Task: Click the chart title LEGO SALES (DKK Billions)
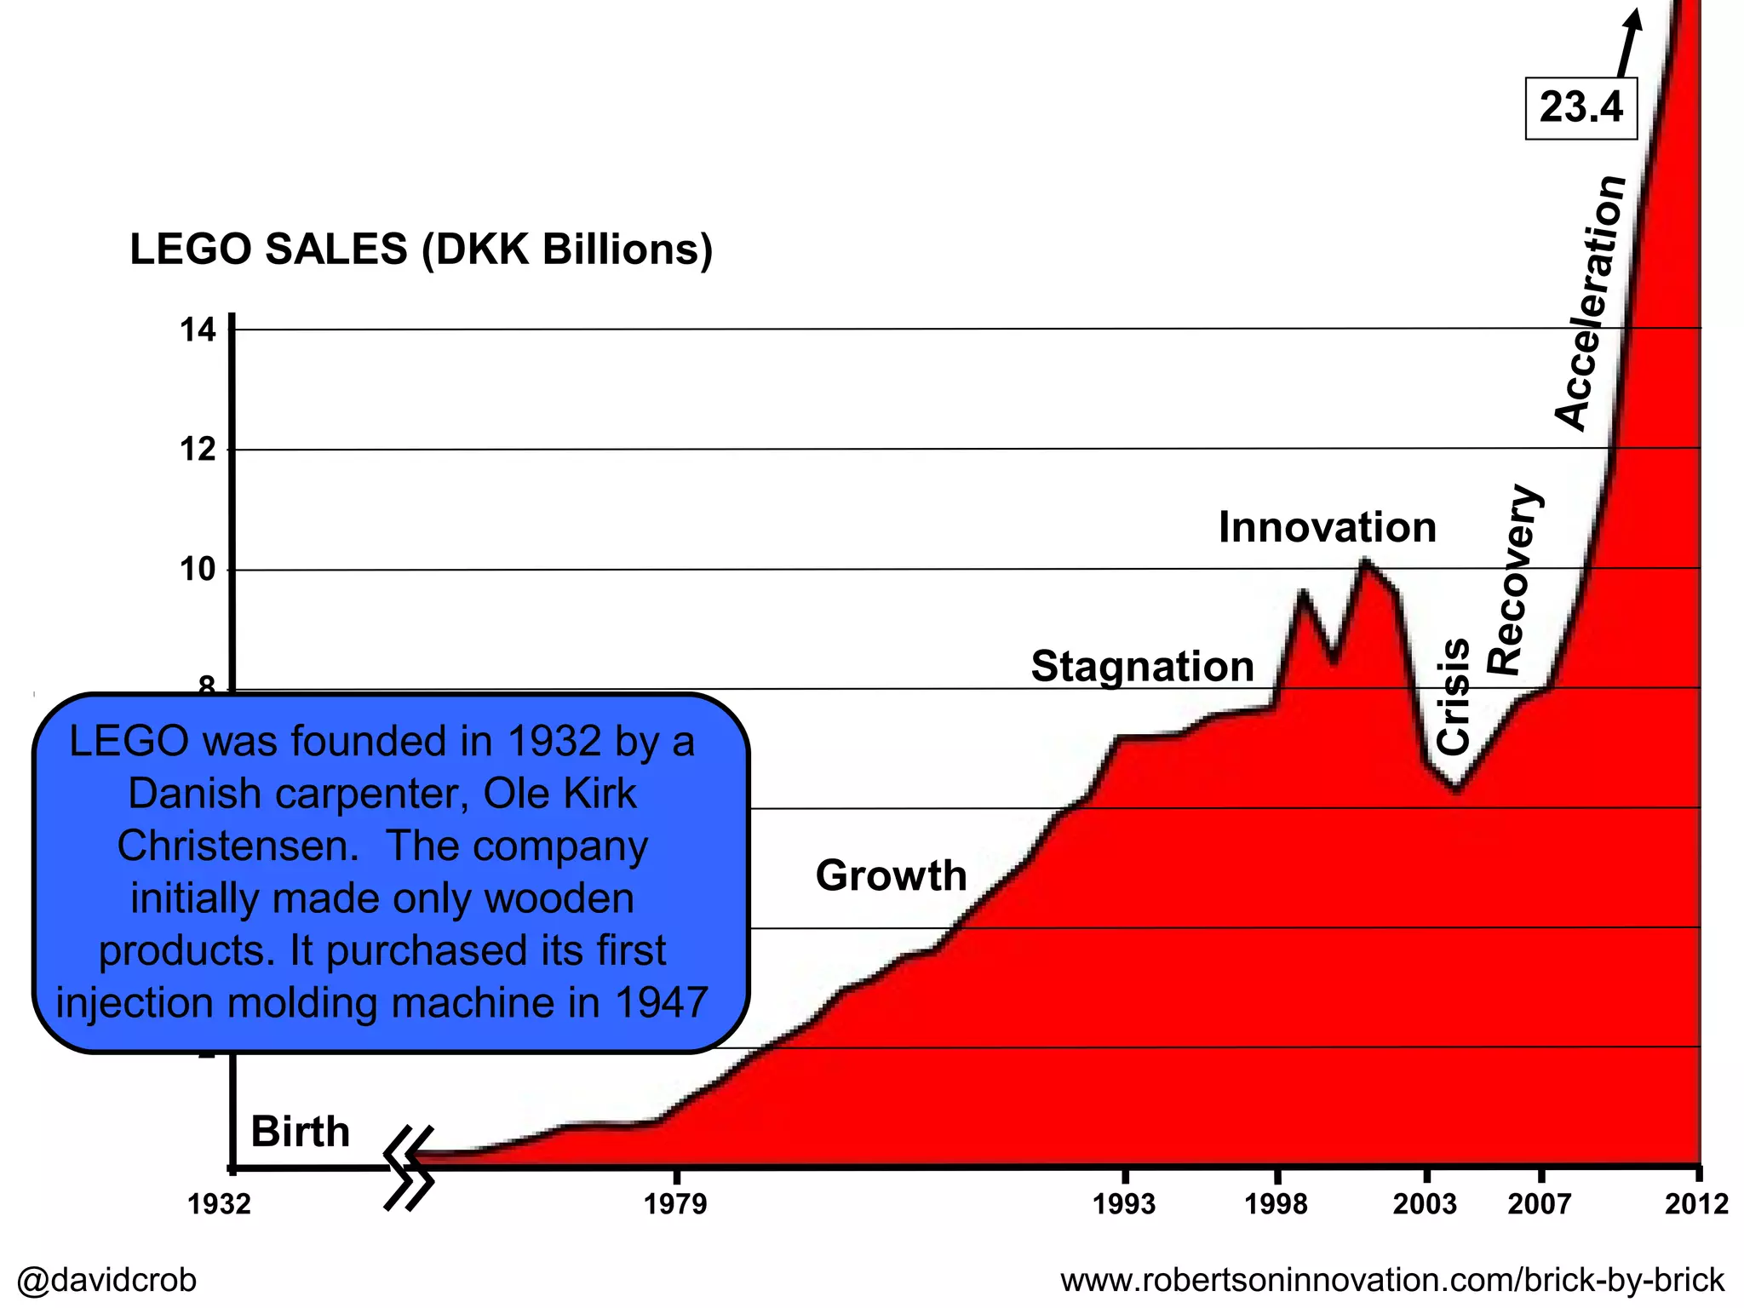click(421, 250)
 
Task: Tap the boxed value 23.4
click(1580, 108)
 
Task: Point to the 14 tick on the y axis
click(198, 330)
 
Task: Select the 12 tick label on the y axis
click(198, 450)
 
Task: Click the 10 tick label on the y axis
click(198, 570)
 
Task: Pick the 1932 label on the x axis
click(220, 1204)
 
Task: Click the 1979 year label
click(675, 1204)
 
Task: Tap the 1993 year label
click(1124, 1204)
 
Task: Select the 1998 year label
click(1276, 1204)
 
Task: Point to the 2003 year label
click(1425, 1204)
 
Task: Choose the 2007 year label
click(1540, 1204)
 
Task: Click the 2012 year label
click(1696, 1204)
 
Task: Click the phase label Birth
click(300, 1132)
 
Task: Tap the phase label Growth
click(891, 875)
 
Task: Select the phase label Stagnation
click(1142, 666)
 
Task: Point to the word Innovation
click(1327, 527)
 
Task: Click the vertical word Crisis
click(1453, 697)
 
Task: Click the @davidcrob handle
click(106, 1280)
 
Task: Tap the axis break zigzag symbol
click(409, 1167)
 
